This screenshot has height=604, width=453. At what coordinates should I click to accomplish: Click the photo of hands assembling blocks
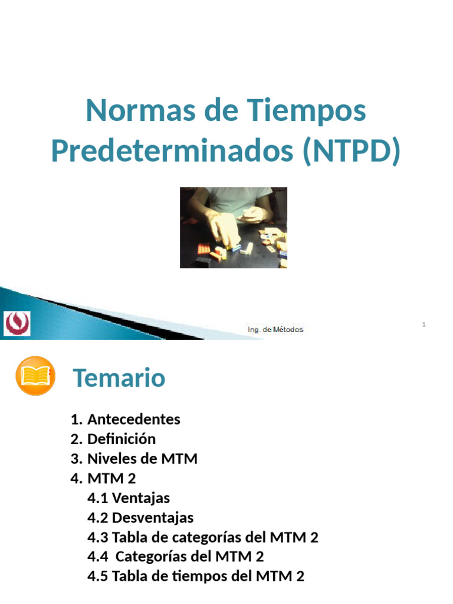pyautogui.click(x=234, y=228)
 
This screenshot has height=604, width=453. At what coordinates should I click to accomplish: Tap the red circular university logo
pyautogui.click(x=18, y=323)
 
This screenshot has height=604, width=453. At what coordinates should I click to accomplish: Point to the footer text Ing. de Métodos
pyautogui.click(x=275, y=330)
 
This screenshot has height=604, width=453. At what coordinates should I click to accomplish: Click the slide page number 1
pyautogui.click(x=424, y=325)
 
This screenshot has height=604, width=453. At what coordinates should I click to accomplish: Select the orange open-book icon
pyautogui.click(x=35, y=376)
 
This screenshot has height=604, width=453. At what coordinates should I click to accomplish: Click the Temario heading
pyautogui.click(x=119, y=378)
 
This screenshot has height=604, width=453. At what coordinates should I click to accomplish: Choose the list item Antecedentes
pyautogui.click(x=133, y=419)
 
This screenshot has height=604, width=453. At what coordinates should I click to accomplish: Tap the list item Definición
pyautogui.click(x=121, y=439)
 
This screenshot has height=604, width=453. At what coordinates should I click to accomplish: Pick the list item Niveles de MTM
pyautogui.click(x=142, y=458)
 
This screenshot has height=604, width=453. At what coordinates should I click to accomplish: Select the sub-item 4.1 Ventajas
pyautogui.click(x=129, y=498)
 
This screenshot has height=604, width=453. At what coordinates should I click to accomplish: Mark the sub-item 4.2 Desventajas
pyautogui.click(x=140, y=517)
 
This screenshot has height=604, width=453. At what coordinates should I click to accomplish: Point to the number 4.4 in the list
pyautogui.click(x=98, y=557)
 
